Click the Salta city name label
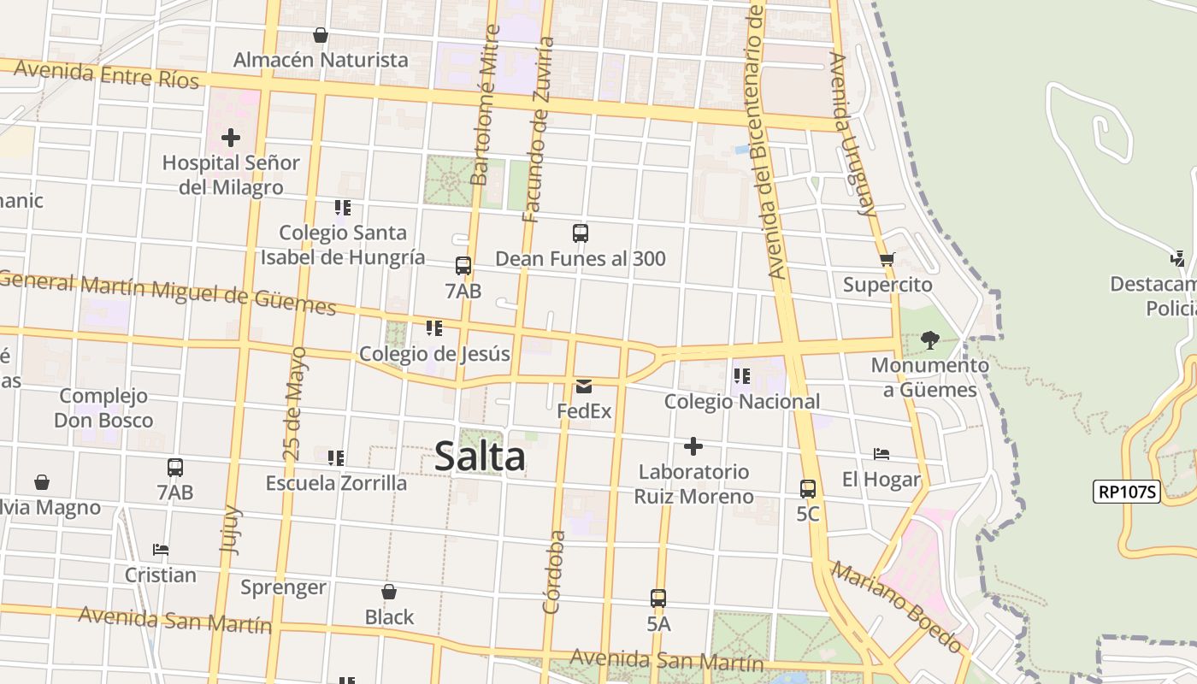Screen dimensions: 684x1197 click(480, 457)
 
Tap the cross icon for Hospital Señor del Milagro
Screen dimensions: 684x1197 click(230, 137)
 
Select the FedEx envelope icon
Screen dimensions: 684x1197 click(584, 386)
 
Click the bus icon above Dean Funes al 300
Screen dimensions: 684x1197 click(581, 233)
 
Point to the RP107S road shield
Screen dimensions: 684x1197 click(1127, 492)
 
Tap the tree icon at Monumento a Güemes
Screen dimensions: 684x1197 click(929, 340)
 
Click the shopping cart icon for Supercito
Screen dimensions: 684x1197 click(887, 259)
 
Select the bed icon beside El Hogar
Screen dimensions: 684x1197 click(882, 454)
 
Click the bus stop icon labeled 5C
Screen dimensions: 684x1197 click(808, 489)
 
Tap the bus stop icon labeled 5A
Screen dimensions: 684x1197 click(657, 598)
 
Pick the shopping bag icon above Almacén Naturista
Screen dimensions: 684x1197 click(321, 35)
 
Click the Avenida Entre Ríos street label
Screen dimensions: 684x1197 click(107, 74)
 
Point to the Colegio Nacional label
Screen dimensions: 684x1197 click(741, 401)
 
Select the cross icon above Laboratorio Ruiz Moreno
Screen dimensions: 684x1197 click(693, 446)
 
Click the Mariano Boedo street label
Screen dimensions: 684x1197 click(897, 605)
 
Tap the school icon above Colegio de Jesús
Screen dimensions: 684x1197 click(434, 328)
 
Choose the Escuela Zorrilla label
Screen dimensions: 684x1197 click(336, 483)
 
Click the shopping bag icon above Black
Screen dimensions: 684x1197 click(389, 592)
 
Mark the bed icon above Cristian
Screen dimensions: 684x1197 click(160, 549)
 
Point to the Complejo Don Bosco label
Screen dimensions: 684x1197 click(103, 408)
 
